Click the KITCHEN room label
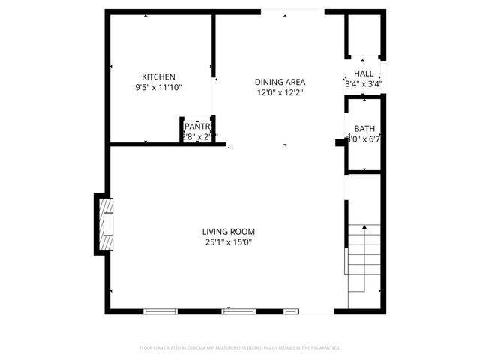(159, 76)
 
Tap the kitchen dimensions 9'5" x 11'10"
(159, 88)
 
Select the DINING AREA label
(279, 82)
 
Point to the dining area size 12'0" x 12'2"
(279, 93)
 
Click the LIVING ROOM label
(229, 231)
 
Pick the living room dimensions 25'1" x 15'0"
(229, 241)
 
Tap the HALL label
(364, 73)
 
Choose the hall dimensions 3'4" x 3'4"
(364, 83)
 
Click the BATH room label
(364, 128)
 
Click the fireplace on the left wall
(106, 223)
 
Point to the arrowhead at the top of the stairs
(364, 226)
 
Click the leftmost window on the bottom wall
(161, 310)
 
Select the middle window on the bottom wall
(238, 310)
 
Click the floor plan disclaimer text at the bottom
(240, 347)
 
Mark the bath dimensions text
(364, 139)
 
